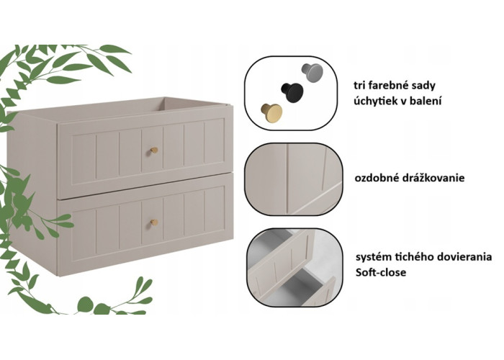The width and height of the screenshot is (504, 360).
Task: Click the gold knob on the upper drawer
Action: coord(154,150)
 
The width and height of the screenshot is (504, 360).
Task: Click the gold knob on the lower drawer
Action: coord(154,222)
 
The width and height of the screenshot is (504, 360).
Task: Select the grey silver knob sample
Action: coord(312,73)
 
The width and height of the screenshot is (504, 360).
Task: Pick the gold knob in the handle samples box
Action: coord(271,112)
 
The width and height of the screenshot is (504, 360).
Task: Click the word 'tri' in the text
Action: coord(360,86)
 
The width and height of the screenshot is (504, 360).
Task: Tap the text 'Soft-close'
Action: coord(381,273)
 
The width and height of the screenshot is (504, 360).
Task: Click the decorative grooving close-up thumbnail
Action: coord(293,179)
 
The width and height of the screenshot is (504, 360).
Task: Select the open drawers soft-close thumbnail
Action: coord(293,267)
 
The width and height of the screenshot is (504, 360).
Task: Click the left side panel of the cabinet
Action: coord(33,192)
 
